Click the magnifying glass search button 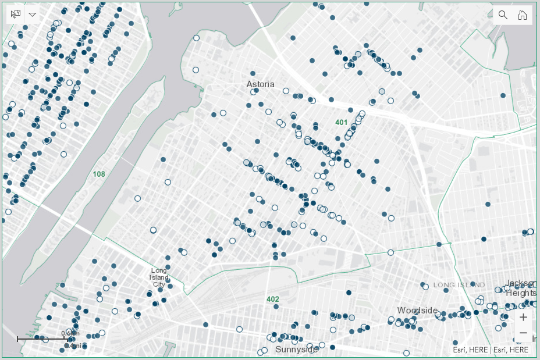503,15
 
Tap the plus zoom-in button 523,317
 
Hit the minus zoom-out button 523,333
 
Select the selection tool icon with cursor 16,15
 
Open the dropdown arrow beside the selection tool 33,15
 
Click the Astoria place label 260,84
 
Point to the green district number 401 341,122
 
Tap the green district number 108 99,174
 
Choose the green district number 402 273,299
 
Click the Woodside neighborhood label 417,310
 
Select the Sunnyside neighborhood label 297,350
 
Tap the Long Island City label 159,277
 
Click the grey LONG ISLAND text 460,285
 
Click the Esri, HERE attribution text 491,350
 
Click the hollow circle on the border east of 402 390,252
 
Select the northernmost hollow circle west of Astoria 196,38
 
